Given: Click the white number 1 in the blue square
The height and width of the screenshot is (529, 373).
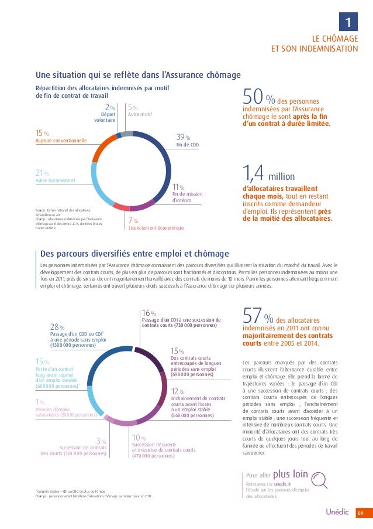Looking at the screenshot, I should tap(348, 23).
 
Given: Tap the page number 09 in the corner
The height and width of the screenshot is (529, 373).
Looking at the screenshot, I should tap(362, 514).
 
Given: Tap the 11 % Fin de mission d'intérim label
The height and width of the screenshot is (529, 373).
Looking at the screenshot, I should tap(186, 193).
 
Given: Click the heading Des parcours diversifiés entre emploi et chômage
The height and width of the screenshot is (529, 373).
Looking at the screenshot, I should tap(134, 253).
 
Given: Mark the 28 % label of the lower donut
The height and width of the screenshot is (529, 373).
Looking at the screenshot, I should tap(57, 327).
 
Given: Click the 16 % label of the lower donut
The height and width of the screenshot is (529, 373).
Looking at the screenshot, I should tap(149, 313).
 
